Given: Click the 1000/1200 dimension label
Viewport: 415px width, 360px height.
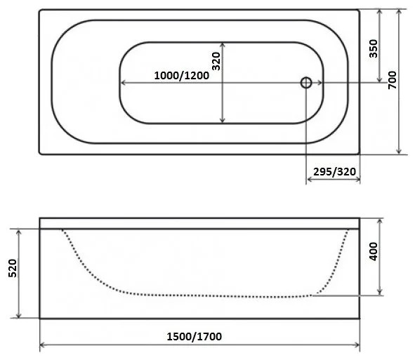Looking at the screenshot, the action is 182,76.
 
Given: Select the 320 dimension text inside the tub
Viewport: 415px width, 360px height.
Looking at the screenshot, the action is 216,61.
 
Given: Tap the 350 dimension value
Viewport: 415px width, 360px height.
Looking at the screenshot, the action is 374,48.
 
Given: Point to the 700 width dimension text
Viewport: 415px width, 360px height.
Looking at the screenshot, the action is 393,80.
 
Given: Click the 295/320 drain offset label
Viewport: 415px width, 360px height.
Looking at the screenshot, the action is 334,172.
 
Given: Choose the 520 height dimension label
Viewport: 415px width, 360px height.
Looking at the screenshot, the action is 13,268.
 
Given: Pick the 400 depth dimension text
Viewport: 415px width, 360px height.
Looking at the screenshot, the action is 374,251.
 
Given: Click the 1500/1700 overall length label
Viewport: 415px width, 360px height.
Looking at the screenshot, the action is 195,337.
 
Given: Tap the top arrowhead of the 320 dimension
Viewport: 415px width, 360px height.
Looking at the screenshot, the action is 223,44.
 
